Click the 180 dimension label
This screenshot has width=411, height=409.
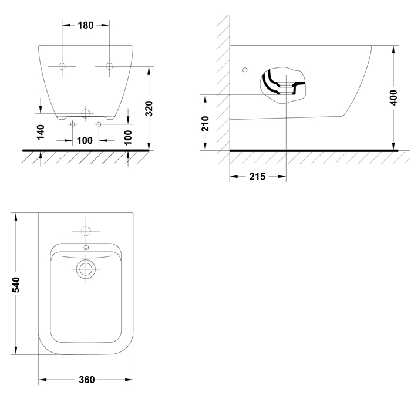[86, 25]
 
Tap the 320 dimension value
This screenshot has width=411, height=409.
[149, 108]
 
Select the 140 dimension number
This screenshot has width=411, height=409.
[41, 132]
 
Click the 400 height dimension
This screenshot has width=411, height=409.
[393, 97]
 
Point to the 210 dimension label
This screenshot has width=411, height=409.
[205, 124]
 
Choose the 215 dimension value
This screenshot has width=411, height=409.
[257, 177]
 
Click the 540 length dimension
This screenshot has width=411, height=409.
[16, 285]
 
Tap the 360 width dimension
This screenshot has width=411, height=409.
[87, 380]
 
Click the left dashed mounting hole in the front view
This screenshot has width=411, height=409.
[62, 66]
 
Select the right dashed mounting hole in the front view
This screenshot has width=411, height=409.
[109, 66]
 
